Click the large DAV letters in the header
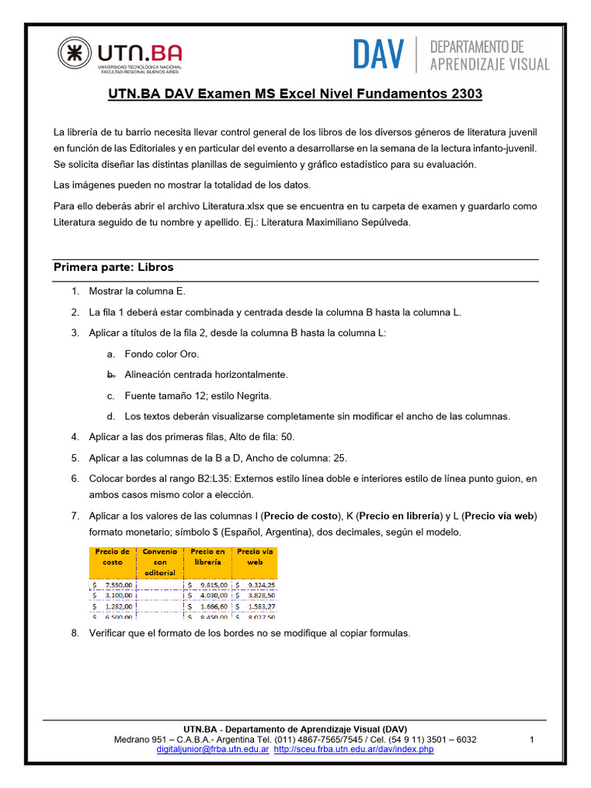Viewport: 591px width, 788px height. (378, 54)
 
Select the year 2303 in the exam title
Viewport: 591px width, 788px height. (465, 95)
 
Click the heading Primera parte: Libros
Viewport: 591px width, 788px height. (113, 268)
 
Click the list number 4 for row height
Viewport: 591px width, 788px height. (75, 437)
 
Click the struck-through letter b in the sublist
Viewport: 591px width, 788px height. (111, 375)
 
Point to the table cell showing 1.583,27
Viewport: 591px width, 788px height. (255, 606)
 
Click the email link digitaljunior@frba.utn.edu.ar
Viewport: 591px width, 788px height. (212, 749)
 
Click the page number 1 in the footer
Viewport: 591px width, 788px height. (532, 740)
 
